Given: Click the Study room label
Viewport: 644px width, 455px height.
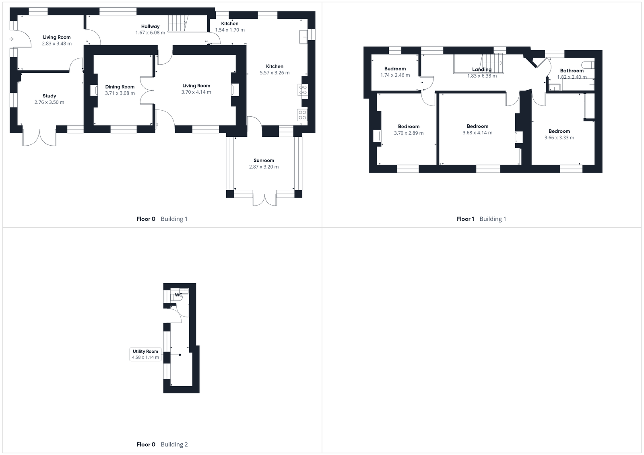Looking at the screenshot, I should coord(49,96).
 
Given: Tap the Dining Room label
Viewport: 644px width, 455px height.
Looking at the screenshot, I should coord(120,86).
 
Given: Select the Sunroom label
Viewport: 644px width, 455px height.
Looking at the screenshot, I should coord(264,160).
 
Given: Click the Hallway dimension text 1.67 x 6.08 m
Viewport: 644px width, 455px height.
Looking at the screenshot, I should coord(150,33).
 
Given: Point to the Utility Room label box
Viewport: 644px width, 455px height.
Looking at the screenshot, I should coord(145,354).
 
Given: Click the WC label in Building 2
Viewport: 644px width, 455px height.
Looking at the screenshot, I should coord(179,295).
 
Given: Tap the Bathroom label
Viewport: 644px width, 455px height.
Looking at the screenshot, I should coord(572,70).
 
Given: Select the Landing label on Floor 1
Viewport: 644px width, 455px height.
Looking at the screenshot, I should coord(481,69).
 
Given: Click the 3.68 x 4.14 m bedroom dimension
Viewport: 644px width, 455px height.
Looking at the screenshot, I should coord(477,133).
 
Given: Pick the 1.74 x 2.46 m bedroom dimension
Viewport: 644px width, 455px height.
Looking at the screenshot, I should coord(395,75).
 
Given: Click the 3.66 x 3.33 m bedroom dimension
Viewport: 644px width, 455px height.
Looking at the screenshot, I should coord(559,138).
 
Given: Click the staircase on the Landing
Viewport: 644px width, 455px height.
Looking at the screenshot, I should coord(492,64).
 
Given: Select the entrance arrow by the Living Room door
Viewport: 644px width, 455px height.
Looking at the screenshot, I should coord(11,39).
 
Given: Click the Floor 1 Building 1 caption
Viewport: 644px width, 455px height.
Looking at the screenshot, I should coord(481,219).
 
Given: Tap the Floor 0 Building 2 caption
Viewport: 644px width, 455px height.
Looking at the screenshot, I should coord(162,444).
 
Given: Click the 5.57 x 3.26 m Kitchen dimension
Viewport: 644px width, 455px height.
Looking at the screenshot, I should coord(275,73).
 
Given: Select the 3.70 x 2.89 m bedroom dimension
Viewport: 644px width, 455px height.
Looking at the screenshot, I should coord(409,133).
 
